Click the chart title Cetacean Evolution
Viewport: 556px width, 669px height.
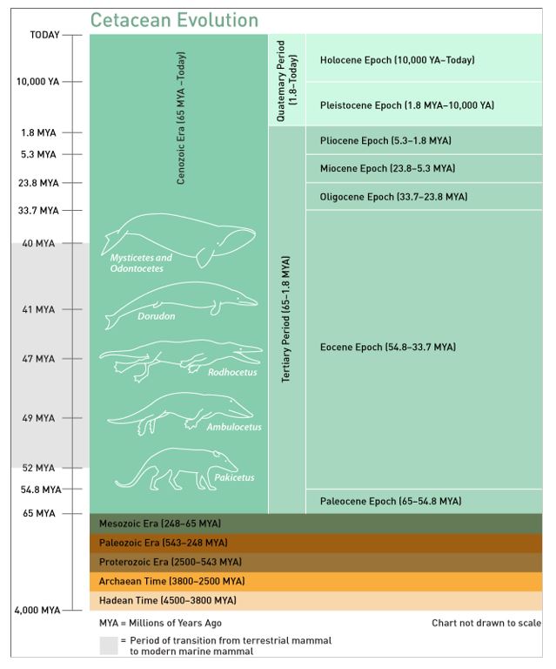pos(174,20)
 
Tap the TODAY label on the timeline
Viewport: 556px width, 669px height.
pos(44,35)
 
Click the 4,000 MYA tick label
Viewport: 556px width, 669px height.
pos(37,610)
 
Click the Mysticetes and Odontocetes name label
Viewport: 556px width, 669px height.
pos(141,263)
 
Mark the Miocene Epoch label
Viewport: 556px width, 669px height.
pos(387,168)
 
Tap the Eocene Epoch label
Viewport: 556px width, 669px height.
pos(387,348)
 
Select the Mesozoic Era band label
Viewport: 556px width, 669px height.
pos(160,524)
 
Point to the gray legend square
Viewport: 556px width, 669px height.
pos(108,645)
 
